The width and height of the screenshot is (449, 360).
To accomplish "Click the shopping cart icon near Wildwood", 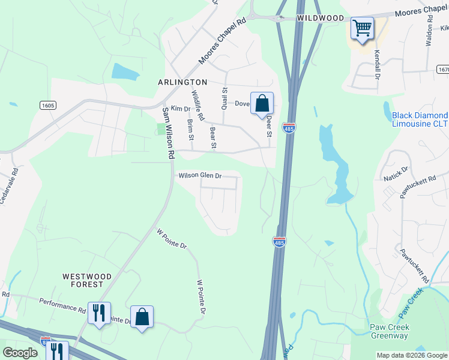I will point(362,28).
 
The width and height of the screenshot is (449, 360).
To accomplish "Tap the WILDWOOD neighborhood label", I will point(319,19).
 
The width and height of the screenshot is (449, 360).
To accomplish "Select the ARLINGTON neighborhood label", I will point(182,82).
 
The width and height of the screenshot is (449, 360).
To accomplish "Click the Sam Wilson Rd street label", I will point(167,133).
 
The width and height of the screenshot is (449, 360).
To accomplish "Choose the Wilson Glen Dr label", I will point(200,176).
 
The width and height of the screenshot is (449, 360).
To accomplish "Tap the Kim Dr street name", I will point(180,109).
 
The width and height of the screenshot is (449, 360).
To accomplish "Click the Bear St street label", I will point(212,137).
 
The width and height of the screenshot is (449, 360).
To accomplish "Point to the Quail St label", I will point(224,98).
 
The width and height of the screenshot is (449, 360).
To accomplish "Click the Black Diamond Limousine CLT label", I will point(420,119).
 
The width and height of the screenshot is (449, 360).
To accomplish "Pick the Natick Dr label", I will point(396,175).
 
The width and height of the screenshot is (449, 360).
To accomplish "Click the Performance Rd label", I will point(62,305).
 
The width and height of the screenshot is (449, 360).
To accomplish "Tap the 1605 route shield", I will point(48,106).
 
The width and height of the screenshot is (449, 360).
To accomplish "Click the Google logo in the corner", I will point(20,353).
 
